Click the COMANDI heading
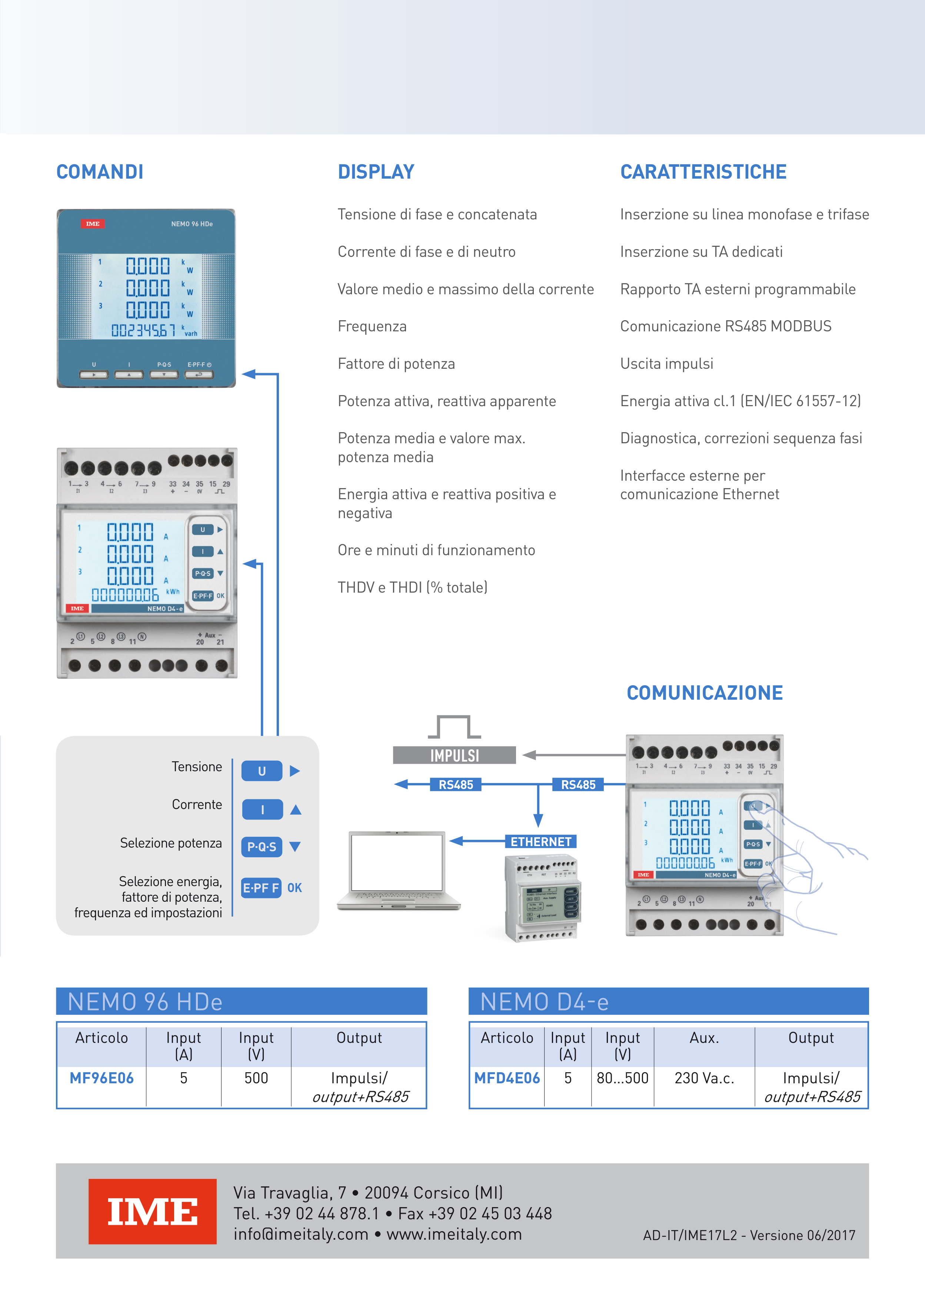point(100,172)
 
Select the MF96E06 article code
point(102,1078)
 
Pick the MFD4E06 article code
point(507,1078)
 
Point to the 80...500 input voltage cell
point(622,1078)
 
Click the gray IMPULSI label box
point(454,755)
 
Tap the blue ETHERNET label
point(541,842)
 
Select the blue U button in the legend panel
point(262,771)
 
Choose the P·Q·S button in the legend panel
point(262,846)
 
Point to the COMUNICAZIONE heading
point(705,693)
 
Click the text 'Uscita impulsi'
point(666,364)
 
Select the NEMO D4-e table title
point(544,1002)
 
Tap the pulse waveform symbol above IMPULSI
point(454,728)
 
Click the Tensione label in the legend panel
point(197,767)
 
